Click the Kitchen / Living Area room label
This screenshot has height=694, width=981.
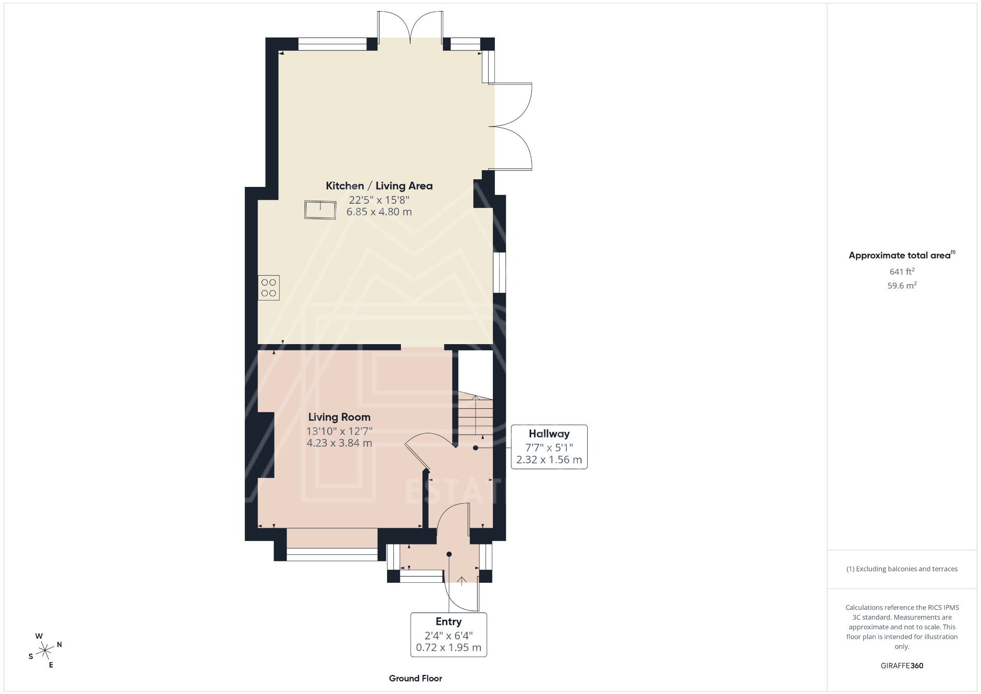tap(379, 186)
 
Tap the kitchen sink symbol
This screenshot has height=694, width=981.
tap(320, 210)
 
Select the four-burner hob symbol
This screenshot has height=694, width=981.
tap(268, 288)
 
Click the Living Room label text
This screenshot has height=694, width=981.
tap(339, 417)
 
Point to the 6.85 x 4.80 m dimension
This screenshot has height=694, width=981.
tap(379, 212)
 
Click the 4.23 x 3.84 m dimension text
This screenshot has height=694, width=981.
tap(339, 443)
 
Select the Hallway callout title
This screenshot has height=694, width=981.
tap(549, 434)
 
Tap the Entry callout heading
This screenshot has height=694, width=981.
tap(448, 622)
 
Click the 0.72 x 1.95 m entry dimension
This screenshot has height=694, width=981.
tap(448, 648)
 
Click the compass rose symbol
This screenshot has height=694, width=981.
tap(45, 650)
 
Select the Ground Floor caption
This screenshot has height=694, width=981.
tap(415, 678)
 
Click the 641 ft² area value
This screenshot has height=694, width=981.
tap(902, 272)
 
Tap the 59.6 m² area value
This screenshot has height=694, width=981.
tap(902, 286)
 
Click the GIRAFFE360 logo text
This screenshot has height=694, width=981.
tap(902, 666)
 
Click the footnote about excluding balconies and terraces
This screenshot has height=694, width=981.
tap(902, 569)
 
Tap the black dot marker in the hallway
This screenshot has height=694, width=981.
tap(476, 448)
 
